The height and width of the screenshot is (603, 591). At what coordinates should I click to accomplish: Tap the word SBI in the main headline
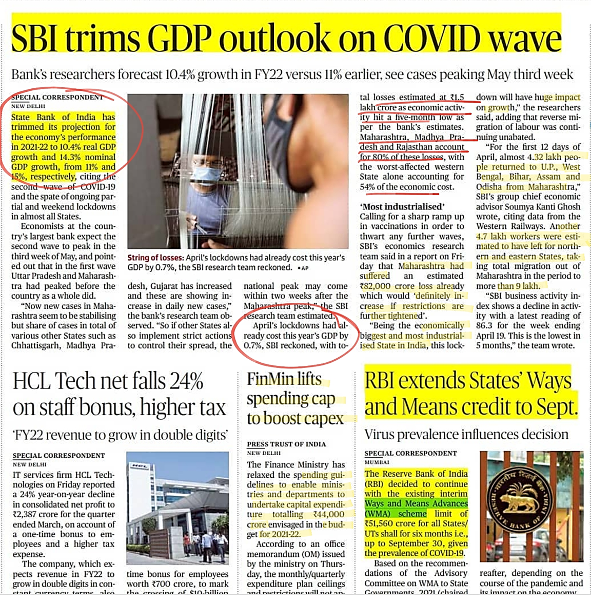point(39,38)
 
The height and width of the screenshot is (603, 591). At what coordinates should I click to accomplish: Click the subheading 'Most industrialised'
point(402,207)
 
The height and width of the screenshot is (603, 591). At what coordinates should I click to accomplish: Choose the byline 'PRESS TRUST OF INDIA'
point(286,444)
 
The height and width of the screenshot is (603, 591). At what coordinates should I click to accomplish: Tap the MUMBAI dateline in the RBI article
point(377,462)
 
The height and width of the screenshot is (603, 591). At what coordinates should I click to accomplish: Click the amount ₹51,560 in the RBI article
point(385,523)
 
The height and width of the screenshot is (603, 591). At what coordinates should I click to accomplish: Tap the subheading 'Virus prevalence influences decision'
point(466,435)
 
